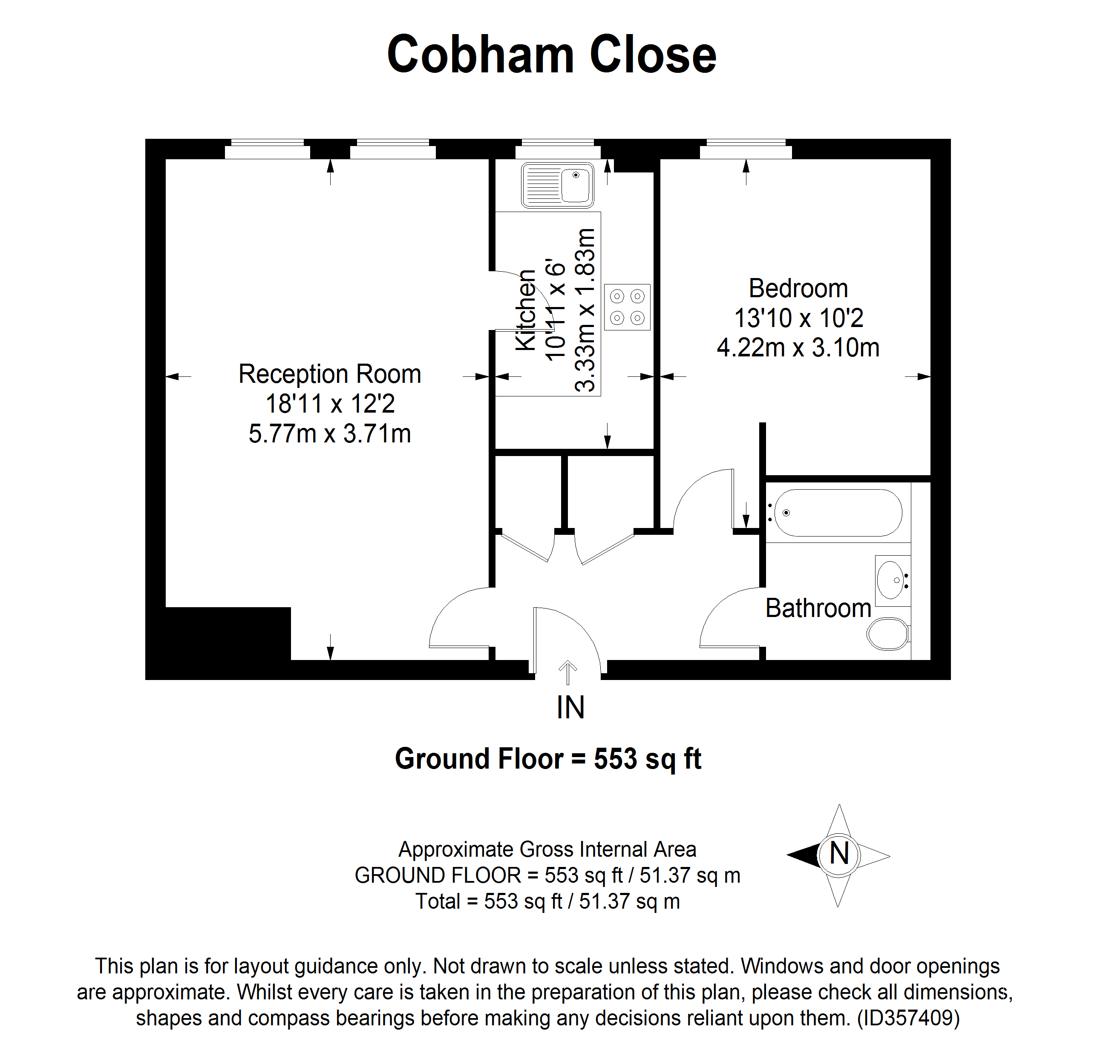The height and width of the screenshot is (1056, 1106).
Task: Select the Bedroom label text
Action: [798, 288]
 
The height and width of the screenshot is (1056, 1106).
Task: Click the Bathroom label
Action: [818, 608]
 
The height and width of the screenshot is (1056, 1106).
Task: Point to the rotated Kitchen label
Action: [525, 310]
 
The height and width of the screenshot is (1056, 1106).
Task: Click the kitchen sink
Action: [557, 185]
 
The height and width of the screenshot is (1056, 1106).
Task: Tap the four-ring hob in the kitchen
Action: [627, 307]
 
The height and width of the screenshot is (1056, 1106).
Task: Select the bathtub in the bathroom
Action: [838, 512]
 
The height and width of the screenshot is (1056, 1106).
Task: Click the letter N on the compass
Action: [839, 853]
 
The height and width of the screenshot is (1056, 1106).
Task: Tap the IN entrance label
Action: [570, 708]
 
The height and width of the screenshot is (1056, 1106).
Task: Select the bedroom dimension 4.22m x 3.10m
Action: [798, 347]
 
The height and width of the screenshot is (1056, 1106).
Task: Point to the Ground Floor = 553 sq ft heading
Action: [548, 759]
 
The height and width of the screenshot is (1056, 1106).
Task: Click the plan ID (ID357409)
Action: [908, 1017]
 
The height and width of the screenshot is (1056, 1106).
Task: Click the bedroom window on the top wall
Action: [746, 149]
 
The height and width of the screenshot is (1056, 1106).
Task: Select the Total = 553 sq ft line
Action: [547, 901]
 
